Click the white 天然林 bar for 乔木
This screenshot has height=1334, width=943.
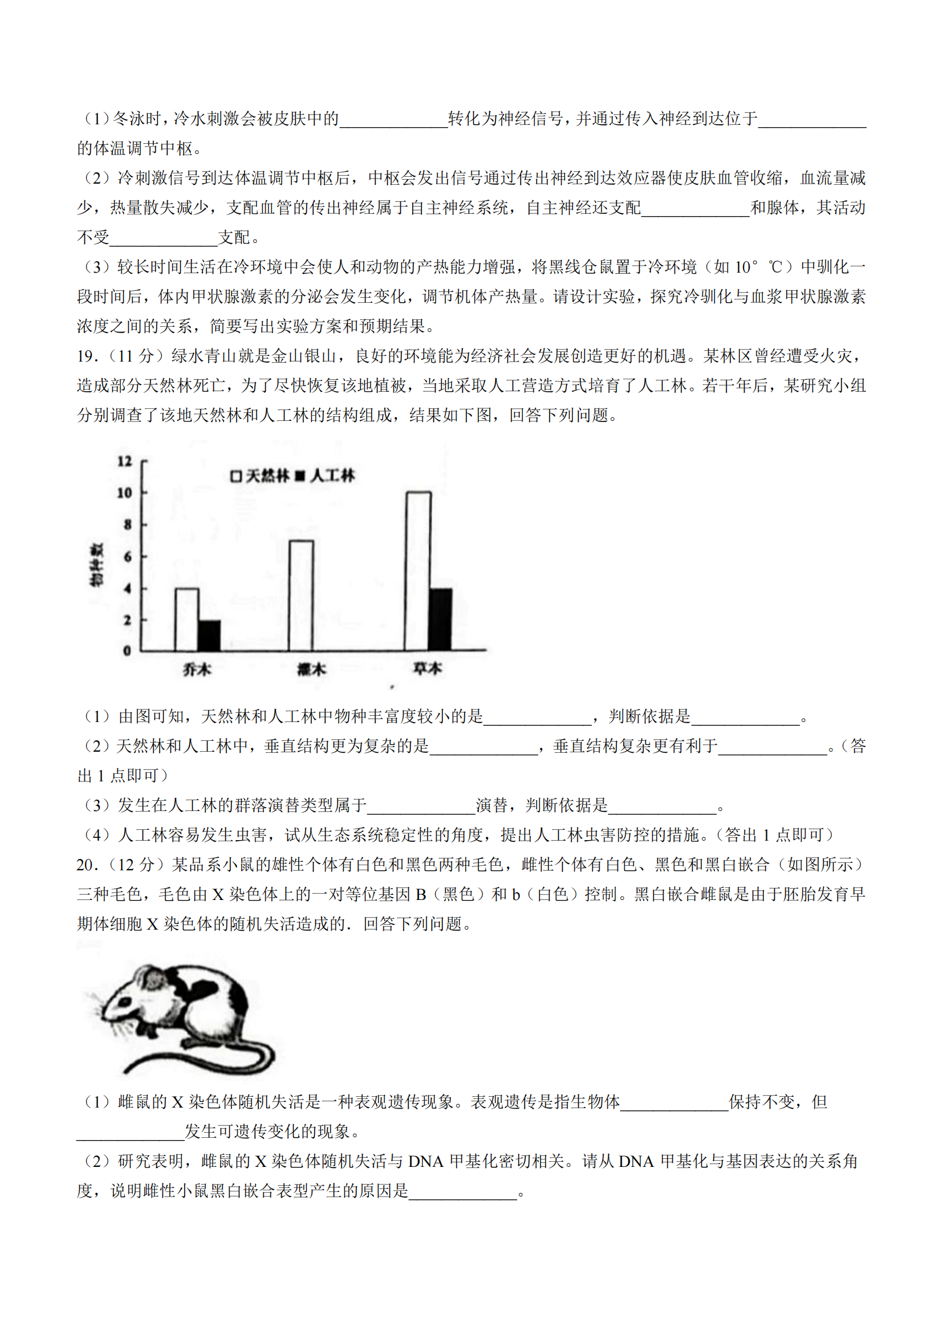click(x=186, y=619)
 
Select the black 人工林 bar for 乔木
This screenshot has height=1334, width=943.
click(x=209, y=635)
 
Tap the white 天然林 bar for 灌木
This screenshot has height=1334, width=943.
click(x=302, y=595)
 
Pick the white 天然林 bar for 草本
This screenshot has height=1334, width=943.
click(x=418, y=571)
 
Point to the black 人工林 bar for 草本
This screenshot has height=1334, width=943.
click(x=441, y=619)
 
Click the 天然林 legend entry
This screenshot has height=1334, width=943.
click(x=259, y=476)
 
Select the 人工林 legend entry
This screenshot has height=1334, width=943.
click(x=325, y=476)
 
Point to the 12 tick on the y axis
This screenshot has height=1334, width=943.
click(x=125, y=461)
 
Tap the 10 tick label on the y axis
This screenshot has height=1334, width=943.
click(x=125, y=493)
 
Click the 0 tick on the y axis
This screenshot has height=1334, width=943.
click(x=127, y=651)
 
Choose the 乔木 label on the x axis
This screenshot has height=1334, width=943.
click(x=197, y=670)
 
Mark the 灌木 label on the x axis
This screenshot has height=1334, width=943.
click(x=312, y=670)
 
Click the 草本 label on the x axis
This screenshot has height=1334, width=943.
click(x=428, y=669)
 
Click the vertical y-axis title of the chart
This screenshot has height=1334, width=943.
click(x=96, y=565)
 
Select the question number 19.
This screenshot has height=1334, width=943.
click(x=87, y=356)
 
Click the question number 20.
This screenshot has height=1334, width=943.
click(x=87, y=865)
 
